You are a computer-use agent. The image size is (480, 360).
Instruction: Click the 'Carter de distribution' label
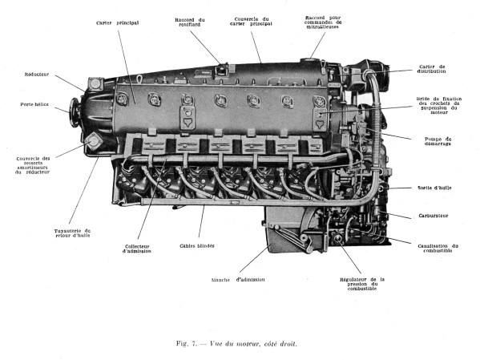point(438,70)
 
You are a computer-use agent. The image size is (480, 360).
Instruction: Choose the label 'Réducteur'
point(37,74)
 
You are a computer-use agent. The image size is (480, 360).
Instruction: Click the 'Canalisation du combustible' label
point(438,248)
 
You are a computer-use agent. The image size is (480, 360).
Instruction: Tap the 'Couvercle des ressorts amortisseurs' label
point(33,165)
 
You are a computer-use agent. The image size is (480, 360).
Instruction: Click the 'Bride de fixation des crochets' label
point(438,107)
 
